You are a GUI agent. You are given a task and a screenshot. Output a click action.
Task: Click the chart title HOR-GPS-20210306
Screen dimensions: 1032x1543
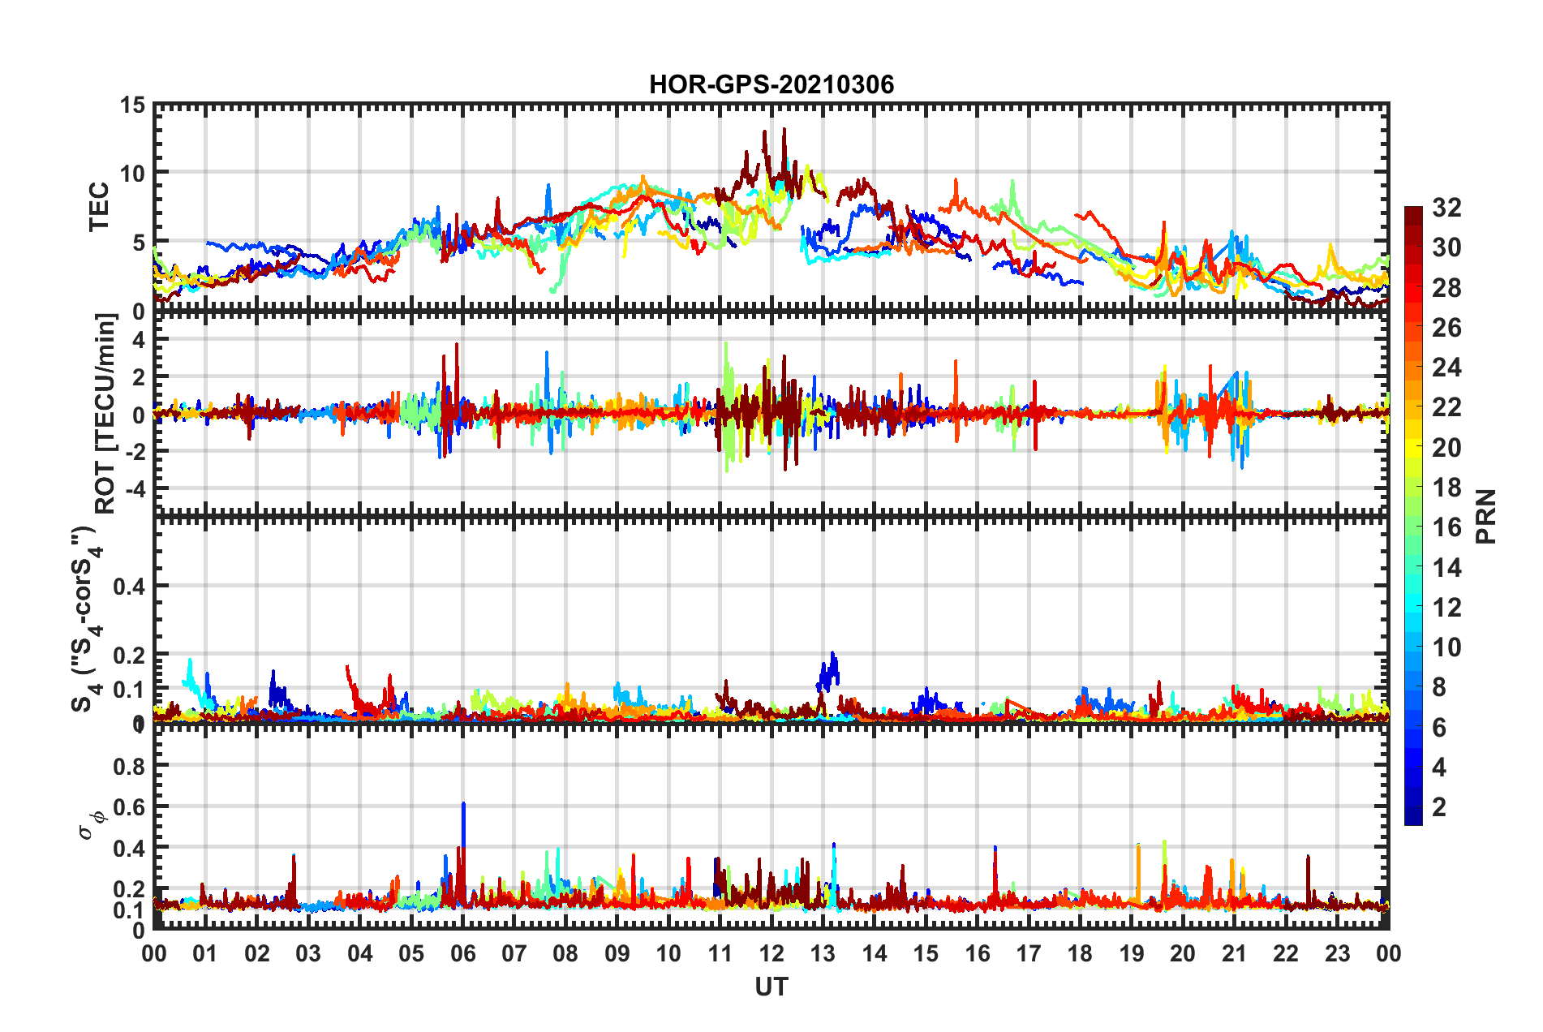tap(771, 84)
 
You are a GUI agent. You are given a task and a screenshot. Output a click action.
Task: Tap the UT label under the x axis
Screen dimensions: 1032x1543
tap(771, 987)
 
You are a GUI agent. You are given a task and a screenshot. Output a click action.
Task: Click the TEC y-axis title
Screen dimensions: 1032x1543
tap(99, 207)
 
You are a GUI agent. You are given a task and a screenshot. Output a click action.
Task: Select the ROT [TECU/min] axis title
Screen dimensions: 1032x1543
tap(105, 413)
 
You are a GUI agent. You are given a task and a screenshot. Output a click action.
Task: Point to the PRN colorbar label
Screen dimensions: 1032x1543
tap(1486, 516)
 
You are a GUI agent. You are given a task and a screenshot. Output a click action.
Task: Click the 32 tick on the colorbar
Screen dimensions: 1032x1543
tap(1446, 208)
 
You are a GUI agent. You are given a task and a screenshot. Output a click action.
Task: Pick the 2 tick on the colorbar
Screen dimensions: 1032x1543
tap(1439, 806)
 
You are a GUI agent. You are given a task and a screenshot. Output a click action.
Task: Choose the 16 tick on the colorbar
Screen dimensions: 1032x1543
tap(1446, 527)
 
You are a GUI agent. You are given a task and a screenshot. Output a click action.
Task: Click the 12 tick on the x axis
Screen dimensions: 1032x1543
tap(771, 953)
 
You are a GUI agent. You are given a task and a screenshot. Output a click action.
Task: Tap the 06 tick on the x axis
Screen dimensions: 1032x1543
tap(462, 953)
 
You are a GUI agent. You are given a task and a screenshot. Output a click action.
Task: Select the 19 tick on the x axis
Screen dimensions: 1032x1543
tap(1131, 953)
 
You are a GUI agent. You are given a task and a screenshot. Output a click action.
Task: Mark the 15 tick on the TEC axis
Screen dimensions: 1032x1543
tap(132, 105)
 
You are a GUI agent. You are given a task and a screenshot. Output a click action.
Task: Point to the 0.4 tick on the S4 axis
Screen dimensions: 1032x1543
tap(129, 586)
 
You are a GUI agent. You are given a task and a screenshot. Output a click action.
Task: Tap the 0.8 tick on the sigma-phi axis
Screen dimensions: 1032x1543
tap(129, 766)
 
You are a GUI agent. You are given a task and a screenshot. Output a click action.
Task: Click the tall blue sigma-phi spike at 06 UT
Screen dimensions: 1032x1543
tap(463, 805)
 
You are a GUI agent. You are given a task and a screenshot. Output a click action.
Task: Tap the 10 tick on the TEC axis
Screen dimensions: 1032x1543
tap(132, 173)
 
